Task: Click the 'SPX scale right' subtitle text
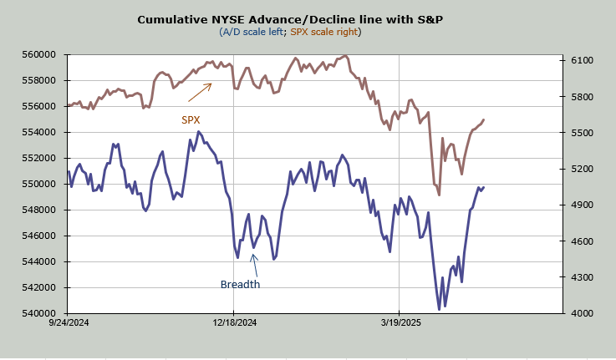coord(325,32)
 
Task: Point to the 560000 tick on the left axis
coord(39,54)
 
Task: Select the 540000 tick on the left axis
coord(39,313)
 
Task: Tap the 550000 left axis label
coord(39,184)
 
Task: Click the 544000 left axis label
coord(39,261)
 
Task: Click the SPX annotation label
coord(191,119)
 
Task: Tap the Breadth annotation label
coord(240,285)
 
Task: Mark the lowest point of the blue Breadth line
coord(440,310)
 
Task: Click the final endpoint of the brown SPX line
coord(484,119)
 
